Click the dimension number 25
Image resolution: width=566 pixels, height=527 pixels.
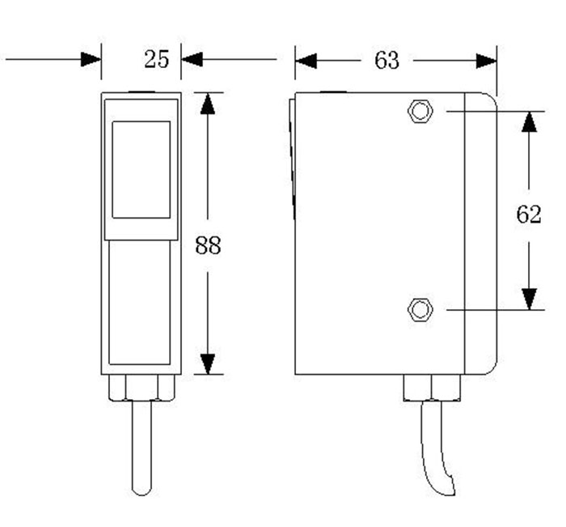(x=156, y=58)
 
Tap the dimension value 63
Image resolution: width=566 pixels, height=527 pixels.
(x=386, y=60)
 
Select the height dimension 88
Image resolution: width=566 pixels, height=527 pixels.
(x=208, y=245)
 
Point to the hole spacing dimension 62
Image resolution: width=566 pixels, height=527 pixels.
(x=528, y=215)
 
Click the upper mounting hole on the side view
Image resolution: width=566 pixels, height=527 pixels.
(x=420, y=111)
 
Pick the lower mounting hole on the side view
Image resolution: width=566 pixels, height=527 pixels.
(x=419, y=309)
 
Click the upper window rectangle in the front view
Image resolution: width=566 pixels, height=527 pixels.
(x=141, y=169)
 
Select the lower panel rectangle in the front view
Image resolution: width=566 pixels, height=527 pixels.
(x=140, y=304)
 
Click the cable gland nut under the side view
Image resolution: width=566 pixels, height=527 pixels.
(x=433, y=388)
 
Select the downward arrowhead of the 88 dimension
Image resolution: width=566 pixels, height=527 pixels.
(x=208, y=363)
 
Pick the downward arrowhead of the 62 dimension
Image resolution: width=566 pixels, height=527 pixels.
(x=528, y=299)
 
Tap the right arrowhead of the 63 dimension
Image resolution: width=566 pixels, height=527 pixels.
(x=486, y=60)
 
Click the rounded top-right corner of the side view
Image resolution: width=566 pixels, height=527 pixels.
(x=491, y=98)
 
